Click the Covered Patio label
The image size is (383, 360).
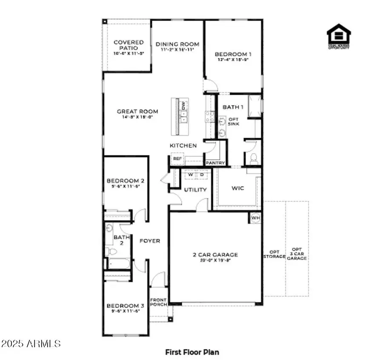tap(128, 45)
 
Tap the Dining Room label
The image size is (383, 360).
tap(177, 44)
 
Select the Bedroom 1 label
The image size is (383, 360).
tap(233, 54)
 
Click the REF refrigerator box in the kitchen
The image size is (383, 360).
tap(177, 159)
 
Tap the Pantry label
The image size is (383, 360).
tap(215, 163)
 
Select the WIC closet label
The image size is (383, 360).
tap(237, 188)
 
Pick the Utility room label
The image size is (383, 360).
tap(195, 190)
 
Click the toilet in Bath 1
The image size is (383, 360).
tap(254, 159)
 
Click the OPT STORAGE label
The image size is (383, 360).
tap(274, 254)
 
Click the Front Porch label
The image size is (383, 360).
tap(158, 302)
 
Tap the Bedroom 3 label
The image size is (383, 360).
tap(125, 306)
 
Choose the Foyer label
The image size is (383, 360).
tap(150, 241)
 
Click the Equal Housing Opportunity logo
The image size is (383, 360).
tap(339, 36)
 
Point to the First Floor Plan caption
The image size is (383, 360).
tap(192, 352)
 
